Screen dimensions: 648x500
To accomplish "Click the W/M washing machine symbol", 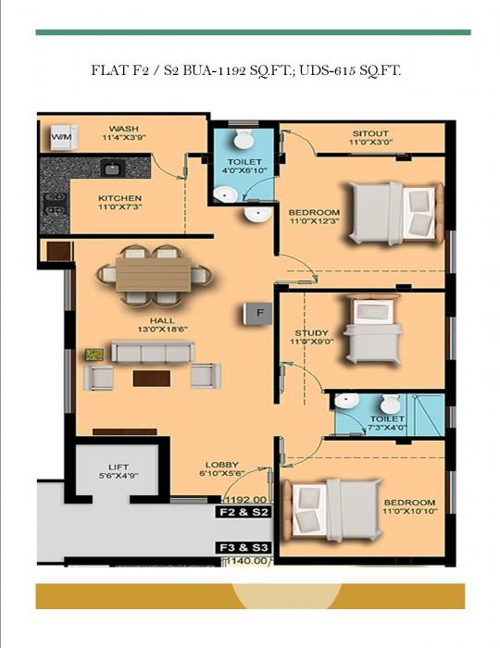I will pyautogui.click(x=61, y=137).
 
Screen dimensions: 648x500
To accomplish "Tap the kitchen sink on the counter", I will pyautogui.click(x=110, y=168).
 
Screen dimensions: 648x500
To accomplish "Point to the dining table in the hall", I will pyautogui.click(x=153, y=273).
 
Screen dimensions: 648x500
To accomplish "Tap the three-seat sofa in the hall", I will pyautogui.click(x=153, y=353).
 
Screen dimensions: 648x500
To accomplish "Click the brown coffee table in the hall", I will pyautogui.click(x=151, y=378).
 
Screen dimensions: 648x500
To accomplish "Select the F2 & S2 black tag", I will pyautogui.click(x=243, y=511).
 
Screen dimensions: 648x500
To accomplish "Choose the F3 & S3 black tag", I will pyautogui.click(x=243, y=546).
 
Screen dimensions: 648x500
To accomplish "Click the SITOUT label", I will pyautogui.click(x=369, y=133).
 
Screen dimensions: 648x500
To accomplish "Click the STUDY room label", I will pyautogui.click(x=311, y=335).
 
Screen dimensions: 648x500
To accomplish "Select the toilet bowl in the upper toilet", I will pyautogui.click(x=243, y=140).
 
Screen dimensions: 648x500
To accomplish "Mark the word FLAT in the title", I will pyautogui.click(x=110, y=69).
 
